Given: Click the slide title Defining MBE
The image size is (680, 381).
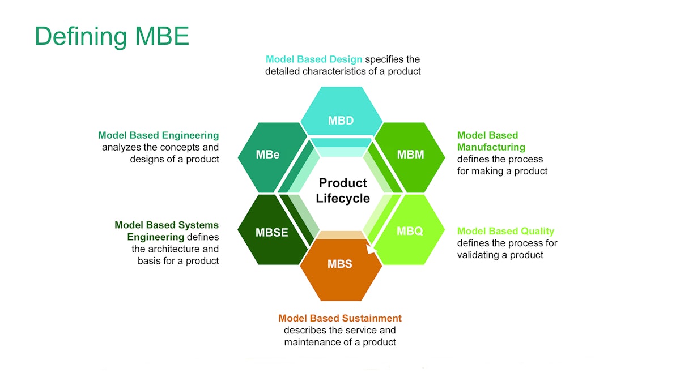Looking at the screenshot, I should (112, 36).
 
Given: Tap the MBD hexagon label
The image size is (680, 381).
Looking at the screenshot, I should (340, 121).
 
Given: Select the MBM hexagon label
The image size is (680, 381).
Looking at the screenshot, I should (410, 155).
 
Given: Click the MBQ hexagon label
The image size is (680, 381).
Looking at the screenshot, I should (409, 231).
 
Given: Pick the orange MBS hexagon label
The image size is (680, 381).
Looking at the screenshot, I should (339, 264).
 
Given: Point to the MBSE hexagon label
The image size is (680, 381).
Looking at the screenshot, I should (271, 232).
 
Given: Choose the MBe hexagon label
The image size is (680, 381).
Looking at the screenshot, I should (267, 155).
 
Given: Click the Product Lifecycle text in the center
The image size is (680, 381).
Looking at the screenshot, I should (342, 190).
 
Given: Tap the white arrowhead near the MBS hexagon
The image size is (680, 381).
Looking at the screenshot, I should (371, 249).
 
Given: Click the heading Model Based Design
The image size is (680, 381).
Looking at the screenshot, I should (314, 59).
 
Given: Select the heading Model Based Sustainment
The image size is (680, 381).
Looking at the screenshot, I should (340, 318).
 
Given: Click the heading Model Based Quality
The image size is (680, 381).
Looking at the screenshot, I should (505, 231).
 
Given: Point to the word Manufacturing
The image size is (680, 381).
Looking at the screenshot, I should (491, 147).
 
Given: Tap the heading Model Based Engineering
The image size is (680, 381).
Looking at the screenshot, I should (158, 135).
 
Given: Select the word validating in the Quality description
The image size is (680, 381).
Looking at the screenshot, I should (478, 255).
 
